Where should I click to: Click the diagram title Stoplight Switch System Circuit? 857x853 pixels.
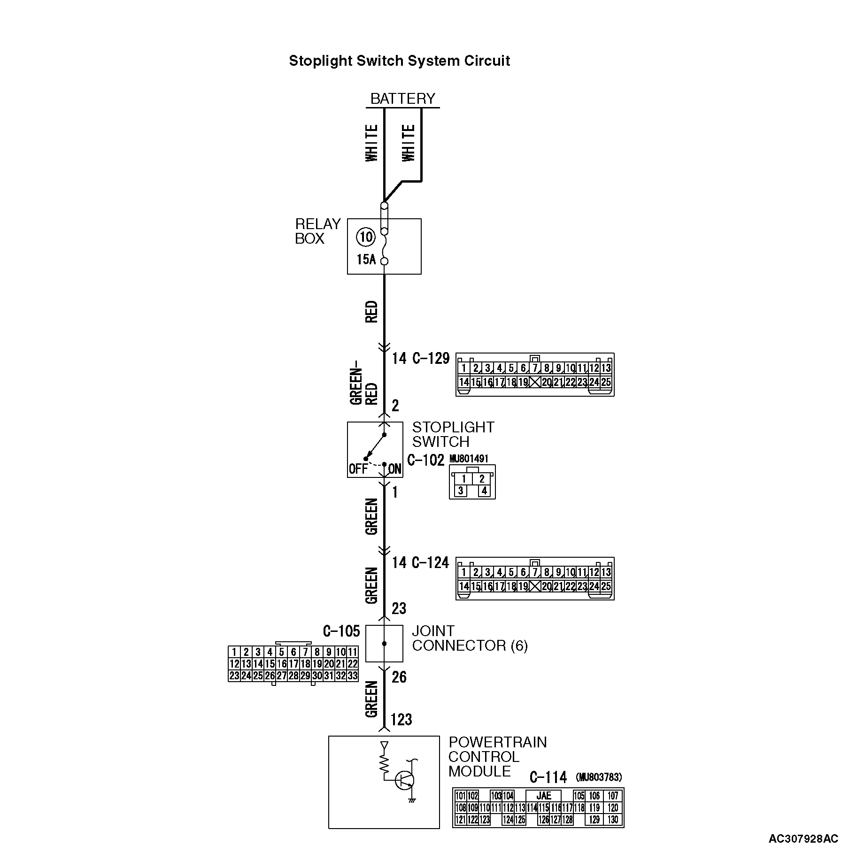(x=399, y=61)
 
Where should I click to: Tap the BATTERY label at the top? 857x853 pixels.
(x=402, y=99)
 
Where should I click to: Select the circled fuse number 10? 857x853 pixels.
(x=365, y=237)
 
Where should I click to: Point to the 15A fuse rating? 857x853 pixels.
(x=366, y=260)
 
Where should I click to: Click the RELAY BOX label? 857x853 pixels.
(x=317, y=231)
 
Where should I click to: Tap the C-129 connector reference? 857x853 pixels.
(x=431, y=359)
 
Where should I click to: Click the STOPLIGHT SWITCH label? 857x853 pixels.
(x=453, y=434)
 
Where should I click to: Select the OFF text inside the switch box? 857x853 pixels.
(x=358, y=469)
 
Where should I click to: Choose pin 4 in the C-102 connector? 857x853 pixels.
(x=484, y=491)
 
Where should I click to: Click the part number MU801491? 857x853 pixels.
(x=469, y=459)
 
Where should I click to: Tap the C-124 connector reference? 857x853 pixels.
(x=430, y=562)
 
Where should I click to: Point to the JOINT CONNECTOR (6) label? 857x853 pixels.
(x=470, y=638)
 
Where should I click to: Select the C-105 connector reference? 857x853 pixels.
(x=341, y=631)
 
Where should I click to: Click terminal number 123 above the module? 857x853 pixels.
(x=401, y=719)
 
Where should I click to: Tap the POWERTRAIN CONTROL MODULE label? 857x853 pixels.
(x=497, y=756)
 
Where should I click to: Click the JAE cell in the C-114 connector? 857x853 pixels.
(x=543, y=796)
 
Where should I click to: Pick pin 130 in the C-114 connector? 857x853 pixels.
(x=613, y=820)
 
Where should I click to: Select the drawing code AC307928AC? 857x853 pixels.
(x=803, y=838)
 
